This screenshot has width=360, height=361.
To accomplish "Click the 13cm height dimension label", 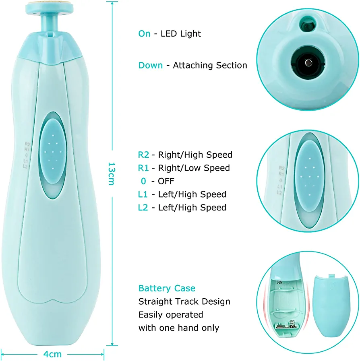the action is click(x=111, y=173).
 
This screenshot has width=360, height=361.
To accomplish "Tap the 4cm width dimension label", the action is click(x=52, y=354).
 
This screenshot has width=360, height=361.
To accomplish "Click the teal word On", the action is click(x=145, y=34).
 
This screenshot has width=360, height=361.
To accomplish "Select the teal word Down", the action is click(x=151, y=65).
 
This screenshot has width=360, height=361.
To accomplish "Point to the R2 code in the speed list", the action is click(x=143, y=155).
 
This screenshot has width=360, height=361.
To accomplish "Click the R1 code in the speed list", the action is click(x=143, y=168).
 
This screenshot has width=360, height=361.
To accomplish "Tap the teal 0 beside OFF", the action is click(x=143, y=181).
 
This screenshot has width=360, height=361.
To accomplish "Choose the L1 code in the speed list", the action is click(x=143, y=194).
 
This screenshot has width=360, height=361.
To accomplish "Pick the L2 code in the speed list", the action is click(x=143, y=207).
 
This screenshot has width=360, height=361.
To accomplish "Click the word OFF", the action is click(x=166, y=181).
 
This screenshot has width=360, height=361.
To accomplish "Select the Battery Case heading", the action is click(x=167, y=288).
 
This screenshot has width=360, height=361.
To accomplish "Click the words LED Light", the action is click(x=181, y=34).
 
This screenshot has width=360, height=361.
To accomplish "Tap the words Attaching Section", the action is click(x=210, y=65).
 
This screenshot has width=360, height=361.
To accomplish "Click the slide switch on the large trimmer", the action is click(x=53, y=152).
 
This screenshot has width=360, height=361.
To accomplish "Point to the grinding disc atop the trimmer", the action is click(x=49, y=6).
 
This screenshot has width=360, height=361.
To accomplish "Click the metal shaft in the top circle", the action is click(x=308, y=62).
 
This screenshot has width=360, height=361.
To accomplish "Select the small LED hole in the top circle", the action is click(x=308, y=24).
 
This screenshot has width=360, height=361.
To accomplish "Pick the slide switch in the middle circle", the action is click(x=309, y=177).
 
